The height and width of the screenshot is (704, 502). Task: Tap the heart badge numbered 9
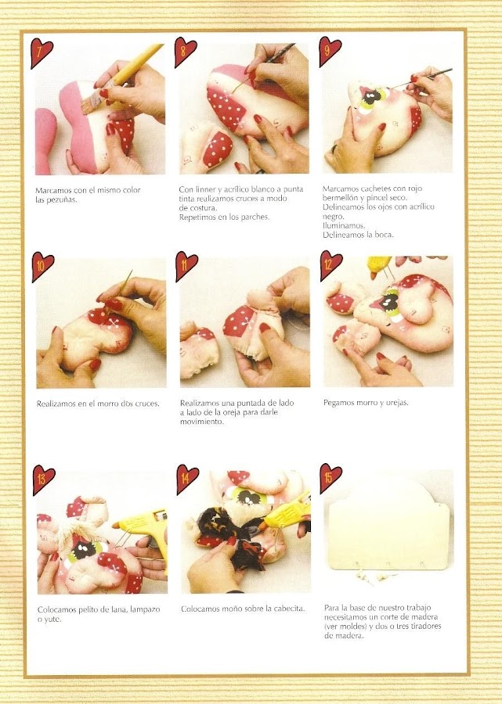coord(330,51)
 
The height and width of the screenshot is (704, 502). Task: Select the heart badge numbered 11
coord(186,265)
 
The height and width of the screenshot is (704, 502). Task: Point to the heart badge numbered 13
coord(43,480)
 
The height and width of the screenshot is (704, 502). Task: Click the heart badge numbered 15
coord(330,478)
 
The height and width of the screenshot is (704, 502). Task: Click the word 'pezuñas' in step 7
coord(62,199)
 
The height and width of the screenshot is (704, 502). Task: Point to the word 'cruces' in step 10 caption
coord(146,404)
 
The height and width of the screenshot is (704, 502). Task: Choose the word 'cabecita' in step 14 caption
coord(289,609)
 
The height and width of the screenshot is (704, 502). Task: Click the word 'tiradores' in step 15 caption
coord(424,626)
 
